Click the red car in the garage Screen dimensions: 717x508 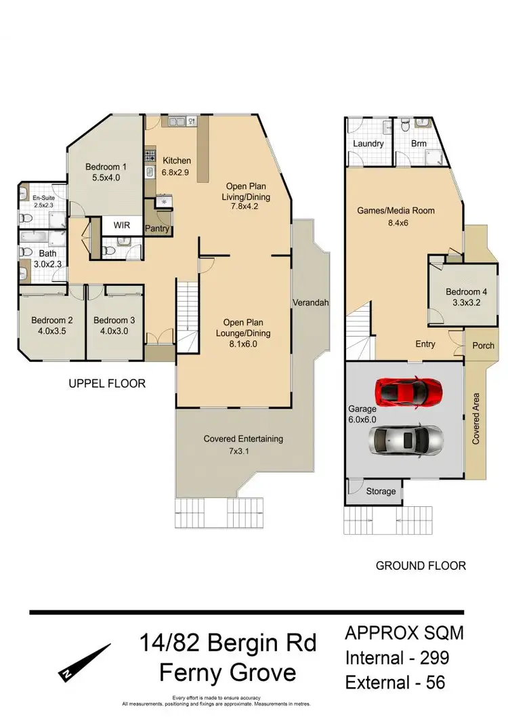404,391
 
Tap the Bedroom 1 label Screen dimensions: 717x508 106,167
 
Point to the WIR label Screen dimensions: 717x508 122,224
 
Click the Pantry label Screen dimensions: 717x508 158,229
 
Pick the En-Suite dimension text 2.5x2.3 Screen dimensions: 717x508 43,205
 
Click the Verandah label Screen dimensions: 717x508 311,302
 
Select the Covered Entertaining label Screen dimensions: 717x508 243,439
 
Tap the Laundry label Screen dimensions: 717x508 368,144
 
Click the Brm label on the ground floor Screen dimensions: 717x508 419,144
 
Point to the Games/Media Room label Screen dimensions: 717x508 396,211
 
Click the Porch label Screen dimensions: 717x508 484,346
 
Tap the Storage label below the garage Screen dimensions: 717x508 380,491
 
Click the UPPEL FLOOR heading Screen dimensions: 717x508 107,384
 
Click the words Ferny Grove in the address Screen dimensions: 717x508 228,673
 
